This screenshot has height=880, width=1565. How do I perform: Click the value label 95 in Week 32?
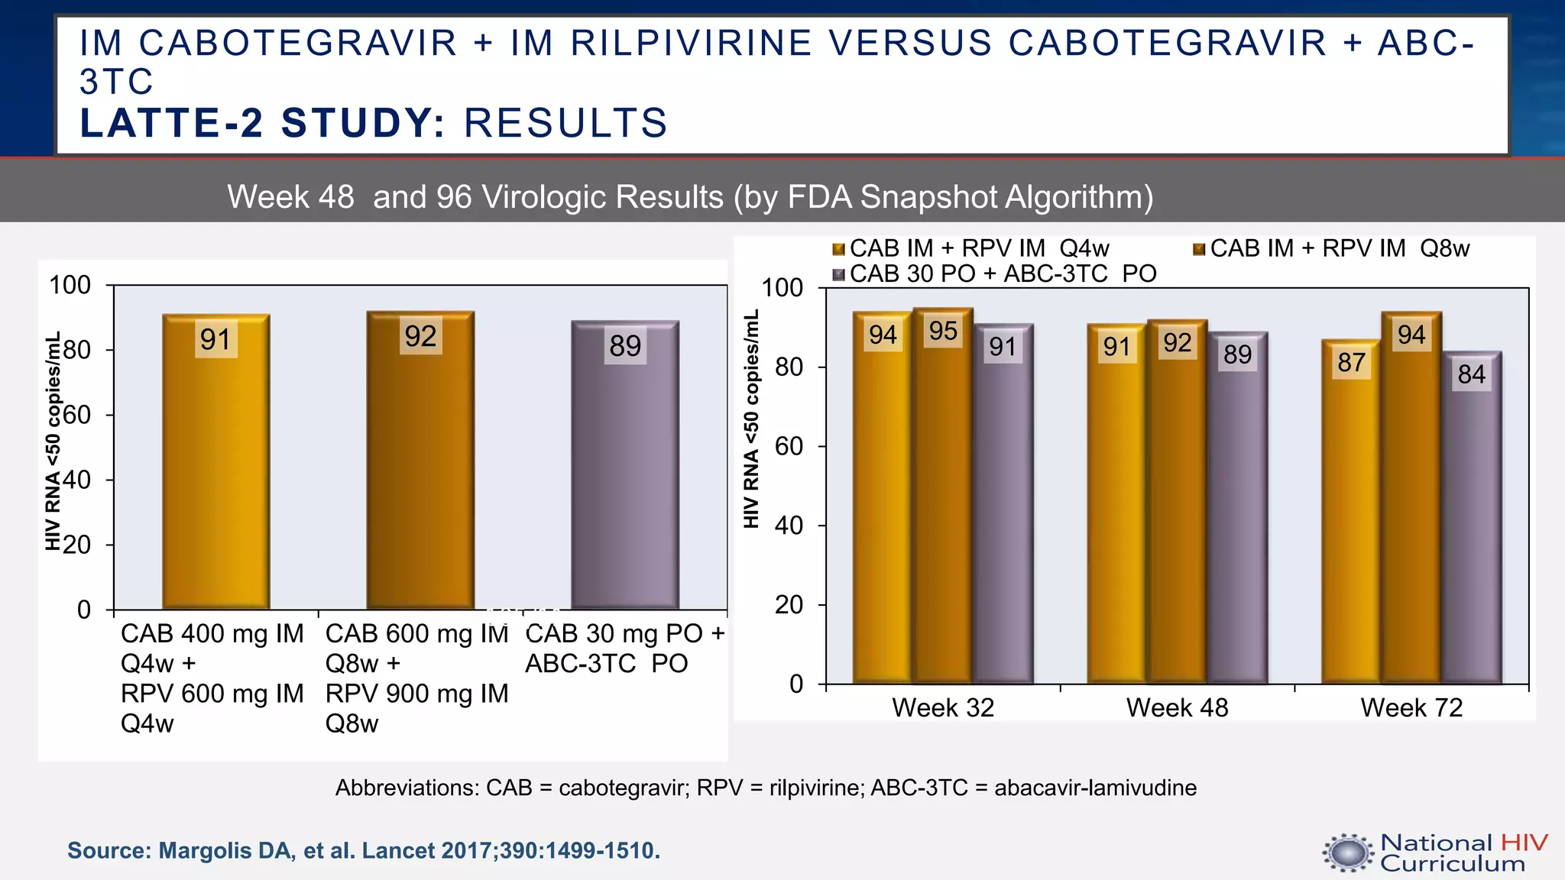(943, 331)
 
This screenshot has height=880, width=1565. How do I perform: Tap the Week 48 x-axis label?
(1177, 708)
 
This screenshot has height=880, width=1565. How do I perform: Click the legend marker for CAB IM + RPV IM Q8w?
(1199, 249)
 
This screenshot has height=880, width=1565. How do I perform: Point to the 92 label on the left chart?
(420, 336)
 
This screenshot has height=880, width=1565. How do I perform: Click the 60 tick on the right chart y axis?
(789, 446)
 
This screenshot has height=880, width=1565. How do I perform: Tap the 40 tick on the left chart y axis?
(76, 480)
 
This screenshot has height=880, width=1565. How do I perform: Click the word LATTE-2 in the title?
(171, 123)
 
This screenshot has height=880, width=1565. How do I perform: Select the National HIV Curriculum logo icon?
(1348, 852)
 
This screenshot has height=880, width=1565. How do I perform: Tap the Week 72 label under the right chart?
(1411, 708)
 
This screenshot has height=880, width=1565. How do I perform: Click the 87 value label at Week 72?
(1351, 362)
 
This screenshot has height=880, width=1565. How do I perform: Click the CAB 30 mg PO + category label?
(624, 634)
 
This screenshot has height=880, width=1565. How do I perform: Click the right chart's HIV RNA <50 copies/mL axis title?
(752, 418)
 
